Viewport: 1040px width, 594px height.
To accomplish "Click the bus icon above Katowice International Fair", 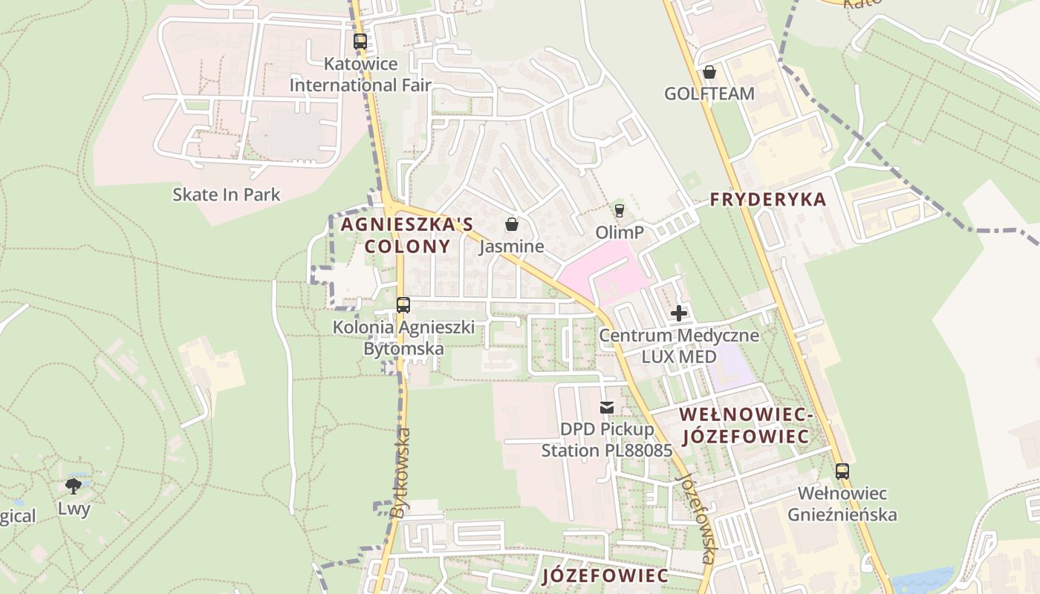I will point(360,42).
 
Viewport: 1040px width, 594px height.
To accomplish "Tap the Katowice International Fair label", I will point(360,74).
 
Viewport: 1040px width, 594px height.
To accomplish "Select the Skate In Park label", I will point(227,195).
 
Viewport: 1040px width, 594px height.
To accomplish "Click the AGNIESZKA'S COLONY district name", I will point(406,235).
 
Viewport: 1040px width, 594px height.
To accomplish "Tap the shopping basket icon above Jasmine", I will point(511,224).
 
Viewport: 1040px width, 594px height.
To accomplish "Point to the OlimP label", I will point(620,232).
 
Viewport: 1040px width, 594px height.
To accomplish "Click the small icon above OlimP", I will point(620,211).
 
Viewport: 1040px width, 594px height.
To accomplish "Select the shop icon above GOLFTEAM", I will point(709,72).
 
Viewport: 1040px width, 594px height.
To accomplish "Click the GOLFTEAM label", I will point(709,94).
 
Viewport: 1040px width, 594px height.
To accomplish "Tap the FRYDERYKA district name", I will point(768,199).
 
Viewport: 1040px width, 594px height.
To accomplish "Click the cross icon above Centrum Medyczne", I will point(679,313).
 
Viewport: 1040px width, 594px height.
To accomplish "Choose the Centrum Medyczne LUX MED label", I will point(679,346).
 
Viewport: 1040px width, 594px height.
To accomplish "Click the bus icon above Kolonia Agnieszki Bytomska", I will point(403,304).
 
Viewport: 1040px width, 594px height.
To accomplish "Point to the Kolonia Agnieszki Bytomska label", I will point(403,338).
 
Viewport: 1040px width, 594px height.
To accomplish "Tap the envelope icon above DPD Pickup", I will point(607,407).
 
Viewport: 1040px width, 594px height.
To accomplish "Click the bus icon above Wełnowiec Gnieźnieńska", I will point(842,471).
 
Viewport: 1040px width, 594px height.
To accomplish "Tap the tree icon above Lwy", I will point(74,486).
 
